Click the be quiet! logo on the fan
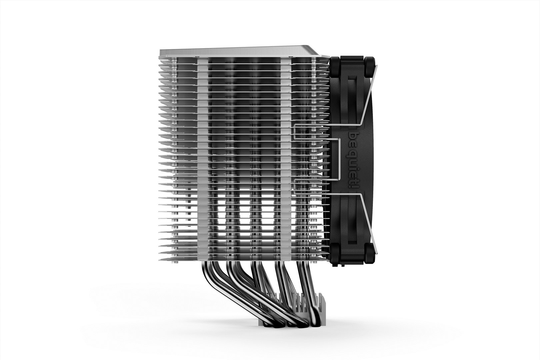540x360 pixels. [x=353, y=160]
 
